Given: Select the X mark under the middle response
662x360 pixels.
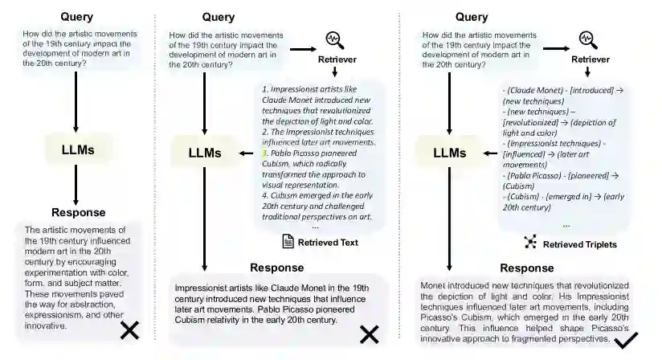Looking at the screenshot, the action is tap(369, 333).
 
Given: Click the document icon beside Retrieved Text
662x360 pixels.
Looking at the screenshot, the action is tap(288, 242).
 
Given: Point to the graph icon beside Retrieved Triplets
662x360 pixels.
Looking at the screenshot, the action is tap(530, 243).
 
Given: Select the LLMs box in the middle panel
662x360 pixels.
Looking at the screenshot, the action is tap(204, 151).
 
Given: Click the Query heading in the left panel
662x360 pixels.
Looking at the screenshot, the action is tap(76, 17).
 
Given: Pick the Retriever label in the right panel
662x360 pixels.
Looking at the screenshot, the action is tap(590, 59).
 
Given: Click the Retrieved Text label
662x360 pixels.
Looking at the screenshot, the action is tap(329, 242).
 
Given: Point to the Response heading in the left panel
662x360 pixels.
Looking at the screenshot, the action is tap(79, 213).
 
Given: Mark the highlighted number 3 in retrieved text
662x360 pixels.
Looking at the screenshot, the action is tap(264, 152).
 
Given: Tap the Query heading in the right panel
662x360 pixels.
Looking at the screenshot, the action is tap(472, 17).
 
